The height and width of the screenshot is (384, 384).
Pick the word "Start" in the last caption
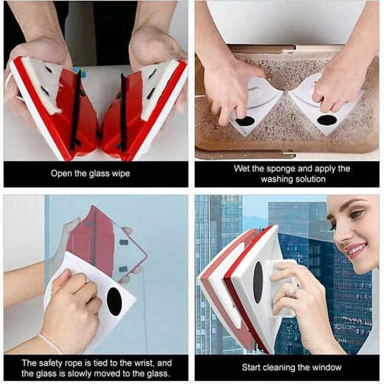pos(256,367)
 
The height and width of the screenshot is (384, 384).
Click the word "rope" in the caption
pos(75,363)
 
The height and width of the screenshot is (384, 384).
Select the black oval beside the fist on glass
pos(114,300)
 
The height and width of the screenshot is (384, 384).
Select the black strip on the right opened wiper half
pos(123,111)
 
